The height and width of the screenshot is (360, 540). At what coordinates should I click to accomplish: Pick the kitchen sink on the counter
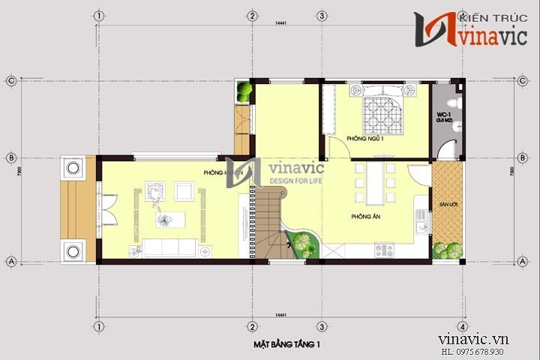tap(421, 220)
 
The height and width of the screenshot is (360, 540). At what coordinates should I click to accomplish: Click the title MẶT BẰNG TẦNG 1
tap(282, 344)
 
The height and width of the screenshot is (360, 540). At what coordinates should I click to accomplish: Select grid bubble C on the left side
tap(12, 79)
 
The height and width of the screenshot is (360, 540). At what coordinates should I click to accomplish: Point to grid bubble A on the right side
tap(522, 261)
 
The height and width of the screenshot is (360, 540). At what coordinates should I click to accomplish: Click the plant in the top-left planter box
tap(244, 91)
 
